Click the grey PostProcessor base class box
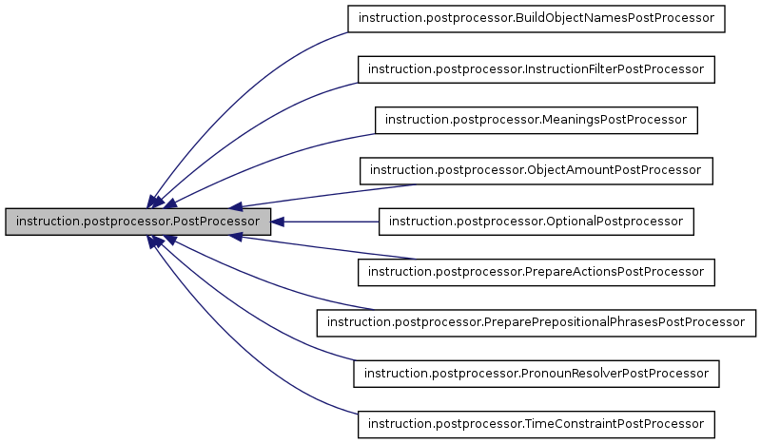pyautogui.click(x=139, y=222)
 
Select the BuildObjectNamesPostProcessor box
pyautogui.click(x=537, y=19)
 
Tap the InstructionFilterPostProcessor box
pyautogui.click(x=536, y=69)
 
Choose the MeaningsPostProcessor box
pyautogui.click(x=537, y=120)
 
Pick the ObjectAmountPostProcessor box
pyautogui.click(x=536, y=170)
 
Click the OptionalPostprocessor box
pyautogui.click(x=537, y=222)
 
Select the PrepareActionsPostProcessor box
pyautogui.click(x=536, y=272)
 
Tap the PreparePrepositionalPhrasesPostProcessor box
pyautogui.click(x=537, y=322)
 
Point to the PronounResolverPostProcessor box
pyautogui.click(x=537, y=373)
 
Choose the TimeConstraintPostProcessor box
pyautogui.click(x=536, y=423)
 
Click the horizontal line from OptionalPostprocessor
pyautogui.click(x=333, y=222)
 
